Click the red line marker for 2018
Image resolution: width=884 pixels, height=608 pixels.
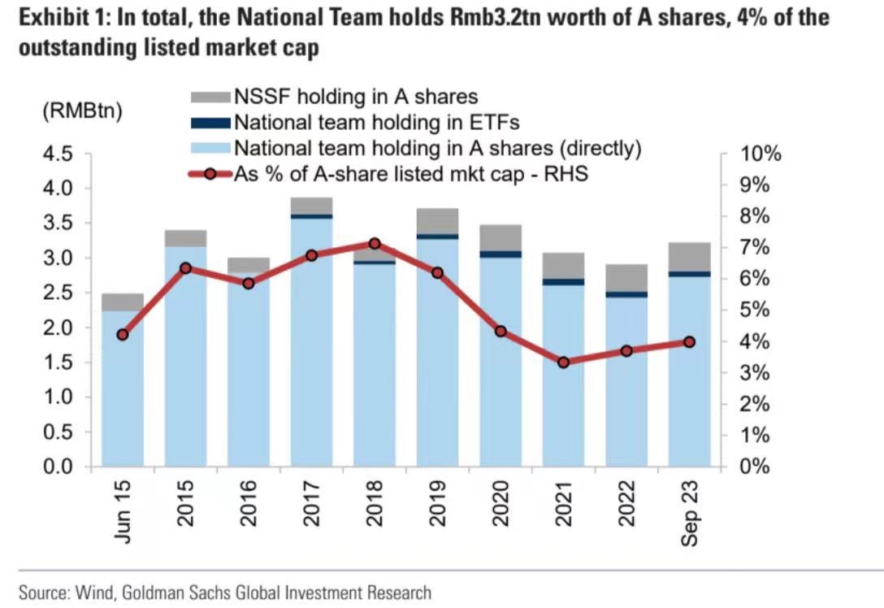(x=375, y=244)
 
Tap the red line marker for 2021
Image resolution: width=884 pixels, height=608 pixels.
(x=564, y=362)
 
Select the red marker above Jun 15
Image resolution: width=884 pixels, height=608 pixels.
(x=123, y=335)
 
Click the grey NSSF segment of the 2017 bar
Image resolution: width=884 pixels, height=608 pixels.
(x=311, y=205)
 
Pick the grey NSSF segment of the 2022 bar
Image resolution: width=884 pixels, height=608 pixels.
(x=626, y=277)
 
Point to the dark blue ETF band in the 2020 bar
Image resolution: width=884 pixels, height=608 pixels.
(x=500, y=254)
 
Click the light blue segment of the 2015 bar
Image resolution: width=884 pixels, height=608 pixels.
(x=185, y=358)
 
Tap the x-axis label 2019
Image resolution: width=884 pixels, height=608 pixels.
(x=438, y=504)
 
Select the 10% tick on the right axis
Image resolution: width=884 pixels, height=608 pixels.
(x=759, y=154)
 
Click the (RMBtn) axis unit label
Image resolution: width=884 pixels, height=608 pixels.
(x=81, y=111)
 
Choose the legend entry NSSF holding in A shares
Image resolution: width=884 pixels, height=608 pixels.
(x=356, y=97)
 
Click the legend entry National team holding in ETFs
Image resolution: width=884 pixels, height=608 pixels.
(x=376, y=123)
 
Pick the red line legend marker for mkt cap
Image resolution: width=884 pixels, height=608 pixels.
(x=209, y=174)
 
